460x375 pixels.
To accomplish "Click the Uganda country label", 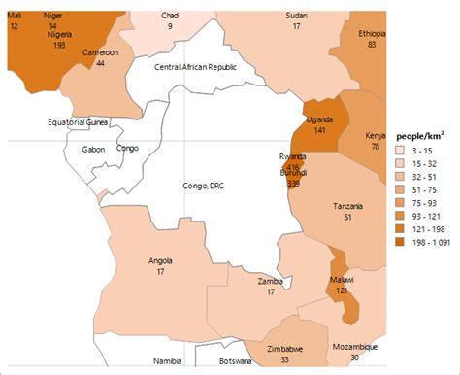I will coord(318,119).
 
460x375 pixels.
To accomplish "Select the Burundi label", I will coord(293,173).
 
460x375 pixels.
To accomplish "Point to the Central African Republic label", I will coord(196,65).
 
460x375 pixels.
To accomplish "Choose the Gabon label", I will coord(94,150).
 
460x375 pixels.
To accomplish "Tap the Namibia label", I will coord(168,361).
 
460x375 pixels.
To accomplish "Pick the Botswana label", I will coord(229,361).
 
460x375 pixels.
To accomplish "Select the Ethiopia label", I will coord(372,33).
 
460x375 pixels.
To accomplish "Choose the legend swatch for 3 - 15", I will coord(400,152).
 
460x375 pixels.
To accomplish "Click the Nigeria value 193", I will coord(59,45).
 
